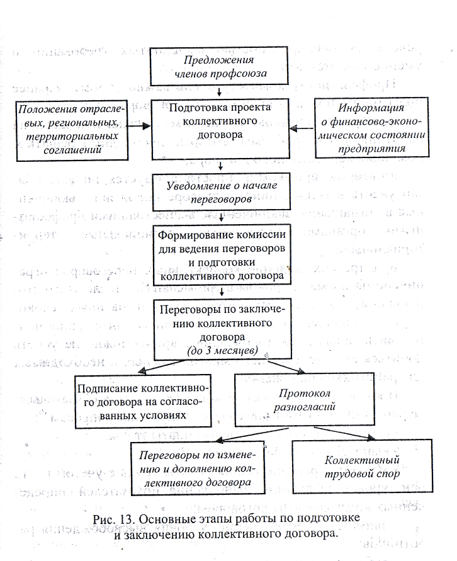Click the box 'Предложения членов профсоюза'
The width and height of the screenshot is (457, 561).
coord(219,66)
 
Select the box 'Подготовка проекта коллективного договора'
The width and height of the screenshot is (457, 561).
coord(220,129)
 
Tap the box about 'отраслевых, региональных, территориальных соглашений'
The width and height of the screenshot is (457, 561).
coord(72,130)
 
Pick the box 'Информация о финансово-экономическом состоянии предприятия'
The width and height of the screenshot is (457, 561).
coord(372,127)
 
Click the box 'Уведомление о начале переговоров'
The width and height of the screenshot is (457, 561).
coord(222,192)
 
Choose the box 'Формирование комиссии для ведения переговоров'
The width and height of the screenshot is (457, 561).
coord(222,255)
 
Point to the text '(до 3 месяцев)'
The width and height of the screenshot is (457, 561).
coord(222,350)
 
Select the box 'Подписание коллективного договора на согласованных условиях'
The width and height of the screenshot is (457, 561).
coord(143,402)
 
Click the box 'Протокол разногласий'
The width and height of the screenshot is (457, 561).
coord(305,399)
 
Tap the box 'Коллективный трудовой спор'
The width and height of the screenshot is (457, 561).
coord(362,466)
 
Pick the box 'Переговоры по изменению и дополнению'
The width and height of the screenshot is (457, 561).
coord(198,468)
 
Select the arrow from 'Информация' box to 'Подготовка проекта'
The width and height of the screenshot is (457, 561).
coord(302,128)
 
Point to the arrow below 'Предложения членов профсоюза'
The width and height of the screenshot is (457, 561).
coord(219,92)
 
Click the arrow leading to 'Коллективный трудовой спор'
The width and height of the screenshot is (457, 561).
coord(345,433)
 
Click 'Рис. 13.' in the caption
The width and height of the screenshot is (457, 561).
coord(113,519)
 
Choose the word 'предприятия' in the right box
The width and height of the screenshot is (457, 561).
coord(372,149)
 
